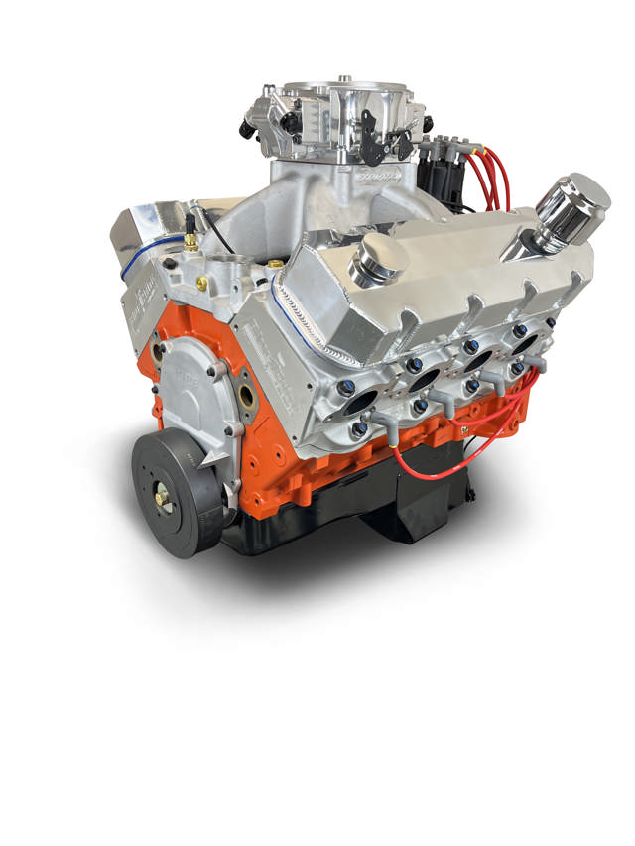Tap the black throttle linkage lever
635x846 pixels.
coord(374,139)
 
